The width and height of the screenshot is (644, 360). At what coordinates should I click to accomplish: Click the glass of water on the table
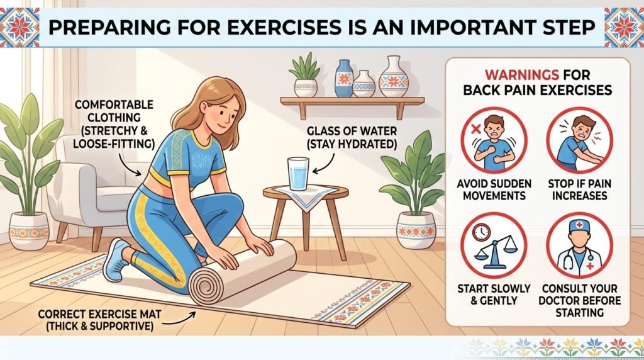(297, 174)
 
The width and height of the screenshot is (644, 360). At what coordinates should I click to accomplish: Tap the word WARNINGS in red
(521, 75)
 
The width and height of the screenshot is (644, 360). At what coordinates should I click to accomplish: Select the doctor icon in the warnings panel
(579, 245)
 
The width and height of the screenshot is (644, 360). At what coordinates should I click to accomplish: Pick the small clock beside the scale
(481, 232)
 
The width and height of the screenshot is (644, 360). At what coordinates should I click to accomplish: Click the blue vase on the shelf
(344, 78)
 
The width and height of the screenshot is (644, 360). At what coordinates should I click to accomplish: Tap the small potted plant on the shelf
(305, 75)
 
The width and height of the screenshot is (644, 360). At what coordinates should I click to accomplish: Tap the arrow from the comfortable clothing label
(128, 164)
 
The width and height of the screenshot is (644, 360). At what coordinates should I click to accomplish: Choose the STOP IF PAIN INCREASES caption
(579, 189)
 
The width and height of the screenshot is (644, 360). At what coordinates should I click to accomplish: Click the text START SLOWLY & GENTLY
(494, 295)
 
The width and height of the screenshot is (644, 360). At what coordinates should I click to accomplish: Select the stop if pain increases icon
(579, 140)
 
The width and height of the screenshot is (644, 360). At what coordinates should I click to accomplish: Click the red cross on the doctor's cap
(579, 225)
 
